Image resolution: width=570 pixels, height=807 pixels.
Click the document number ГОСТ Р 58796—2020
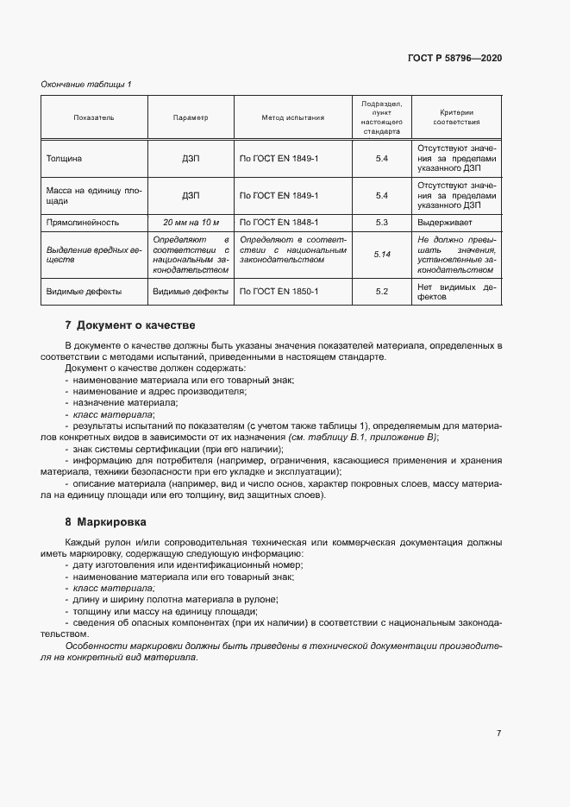click(x=455, y=58)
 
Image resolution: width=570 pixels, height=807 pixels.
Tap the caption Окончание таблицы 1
click(x=86, y=84)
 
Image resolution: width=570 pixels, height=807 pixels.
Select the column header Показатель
click(x=94, y=117)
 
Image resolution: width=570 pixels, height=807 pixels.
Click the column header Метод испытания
click(x=293, y=117)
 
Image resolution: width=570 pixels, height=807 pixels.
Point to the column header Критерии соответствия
click(x=456, y=117)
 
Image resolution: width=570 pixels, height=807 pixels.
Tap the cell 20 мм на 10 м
click(x=191, y=222)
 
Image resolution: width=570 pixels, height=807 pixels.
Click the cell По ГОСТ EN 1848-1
click(x=279, y=222)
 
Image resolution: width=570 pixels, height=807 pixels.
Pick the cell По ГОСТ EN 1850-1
click(x=279, y=292)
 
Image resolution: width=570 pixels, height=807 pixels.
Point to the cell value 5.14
click(x=382, y=255)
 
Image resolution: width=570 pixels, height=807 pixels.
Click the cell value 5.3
click(x=382, y=222)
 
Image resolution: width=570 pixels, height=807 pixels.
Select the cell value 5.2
click(x=382, y=292)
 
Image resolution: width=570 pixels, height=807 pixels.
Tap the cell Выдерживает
click(x=445, y=222)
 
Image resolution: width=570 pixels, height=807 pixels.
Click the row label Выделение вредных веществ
click(x=93, y=255)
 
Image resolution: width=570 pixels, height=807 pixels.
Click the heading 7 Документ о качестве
click(x=130, y=326)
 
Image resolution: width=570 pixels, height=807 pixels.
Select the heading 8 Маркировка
click(x=105, y=522)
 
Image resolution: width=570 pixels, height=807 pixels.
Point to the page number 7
click(x=498, y=733)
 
